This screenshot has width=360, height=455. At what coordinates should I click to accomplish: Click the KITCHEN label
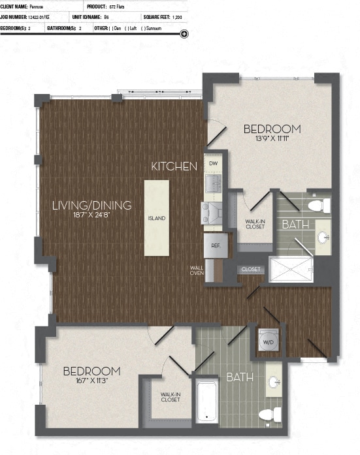(x=174, y=166)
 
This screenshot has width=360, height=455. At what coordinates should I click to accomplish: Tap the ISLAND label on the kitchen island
(x=156, y=218)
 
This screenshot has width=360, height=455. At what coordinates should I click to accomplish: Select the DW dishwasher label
(x=213, y=163)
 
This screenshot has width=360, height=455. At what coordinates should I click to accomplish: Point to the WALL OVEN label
(x=197, y=270)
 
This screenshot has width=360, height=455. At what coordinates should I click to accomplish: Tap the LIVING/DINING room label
(x=92, y=205)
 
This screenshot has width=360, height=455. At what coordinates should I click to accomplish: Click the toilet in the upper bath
(x=317, y=206)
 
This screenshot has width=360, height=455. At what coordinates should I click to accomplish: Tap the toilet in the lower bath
(x=269, y=414)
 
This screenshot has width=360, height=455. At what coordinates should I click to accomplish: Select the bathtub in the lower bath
(x=206, y=401)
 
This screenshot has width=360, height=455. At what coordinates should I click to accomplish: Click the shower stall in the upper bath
(x=291, y=270)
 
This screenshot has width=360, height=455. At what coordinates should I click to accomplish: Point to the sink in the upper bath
(x=322, y=237)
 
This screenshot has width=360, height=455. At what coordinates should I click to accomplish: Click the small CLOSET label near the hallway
(x=251, y=270)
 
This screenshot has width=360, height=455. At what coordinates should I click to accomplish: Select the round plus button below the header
(x=184, y=34)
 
